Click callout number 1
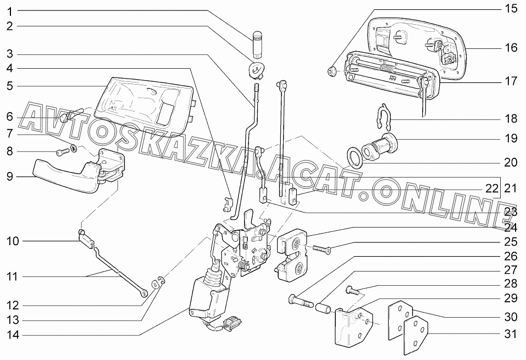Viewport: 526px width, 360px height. (10, 12)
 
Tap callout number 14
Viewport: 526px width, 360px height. (13, 335)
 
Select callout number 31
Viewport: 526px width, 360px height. (511, 334)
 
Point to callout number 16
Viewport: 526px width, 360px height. (511, 48)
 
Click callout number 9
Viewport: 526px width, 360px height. (10, 176)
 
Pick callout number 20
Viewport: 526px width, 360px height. (511, 163)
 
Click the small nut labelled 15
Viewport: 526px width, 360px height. (332, 71)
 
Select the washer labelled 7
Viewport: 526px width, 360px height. (74, 147)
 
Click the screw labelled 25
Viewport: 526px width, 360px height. (322, 249)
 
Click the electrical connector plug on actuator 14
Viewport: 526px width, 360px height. (231, 324)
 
